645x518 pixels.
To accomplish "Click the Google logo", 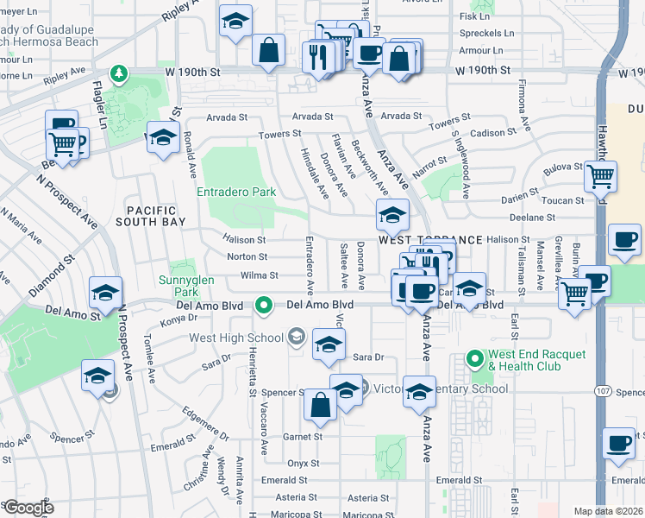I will coord(28,508).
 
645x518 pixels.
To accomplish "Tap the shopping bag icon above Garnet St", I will coord(320,406).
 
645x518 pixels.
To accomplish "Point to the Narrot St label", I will coord(430,161).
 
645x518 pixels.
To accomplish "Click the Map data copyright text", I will coord(608,511).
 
